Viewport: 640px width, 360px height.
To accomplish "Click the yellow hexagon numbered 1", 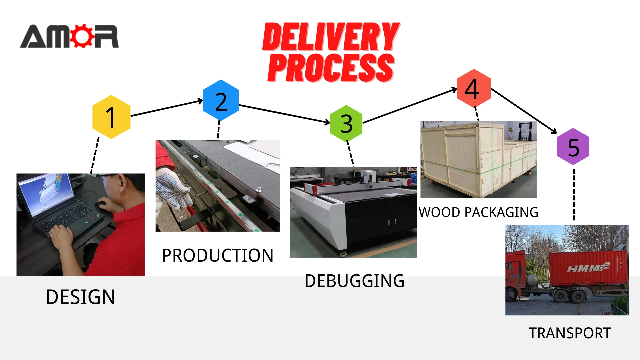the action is point(111,117).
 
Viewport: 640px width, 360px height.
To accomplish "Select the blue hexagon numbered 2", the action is point(221,100).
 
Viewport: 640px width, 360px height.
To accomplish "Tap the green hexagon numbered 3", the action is point(346,123).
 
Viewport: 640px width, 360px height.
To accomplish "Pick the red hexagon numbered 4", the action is point(474,88).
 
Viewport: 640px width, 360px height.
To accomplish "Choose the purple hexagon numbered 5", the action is point(573,147).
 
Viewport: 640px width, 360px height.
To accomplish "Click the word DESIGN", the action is point(80,297).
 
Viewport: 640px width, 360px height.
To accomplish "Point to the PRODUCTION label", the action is point(217,256).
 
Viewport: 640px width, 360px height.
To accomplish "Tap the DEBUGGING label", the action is point(354,281).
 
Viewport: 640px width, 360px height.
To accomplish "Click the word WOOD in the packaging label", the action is point(439,212).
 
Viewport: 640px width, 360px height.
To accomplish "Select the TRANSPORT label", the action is point(570,333).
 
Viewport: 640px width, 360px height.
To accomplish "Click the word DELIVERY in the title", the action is point(331,37).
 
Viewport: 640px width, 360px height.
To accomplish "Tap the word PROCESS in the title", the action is point(331,68).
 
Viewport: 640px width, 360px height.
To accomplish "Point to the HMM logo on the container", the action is point(588,267).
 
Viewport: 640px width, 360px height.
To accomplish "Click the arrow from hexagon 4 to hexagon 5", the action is point(524,111).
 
